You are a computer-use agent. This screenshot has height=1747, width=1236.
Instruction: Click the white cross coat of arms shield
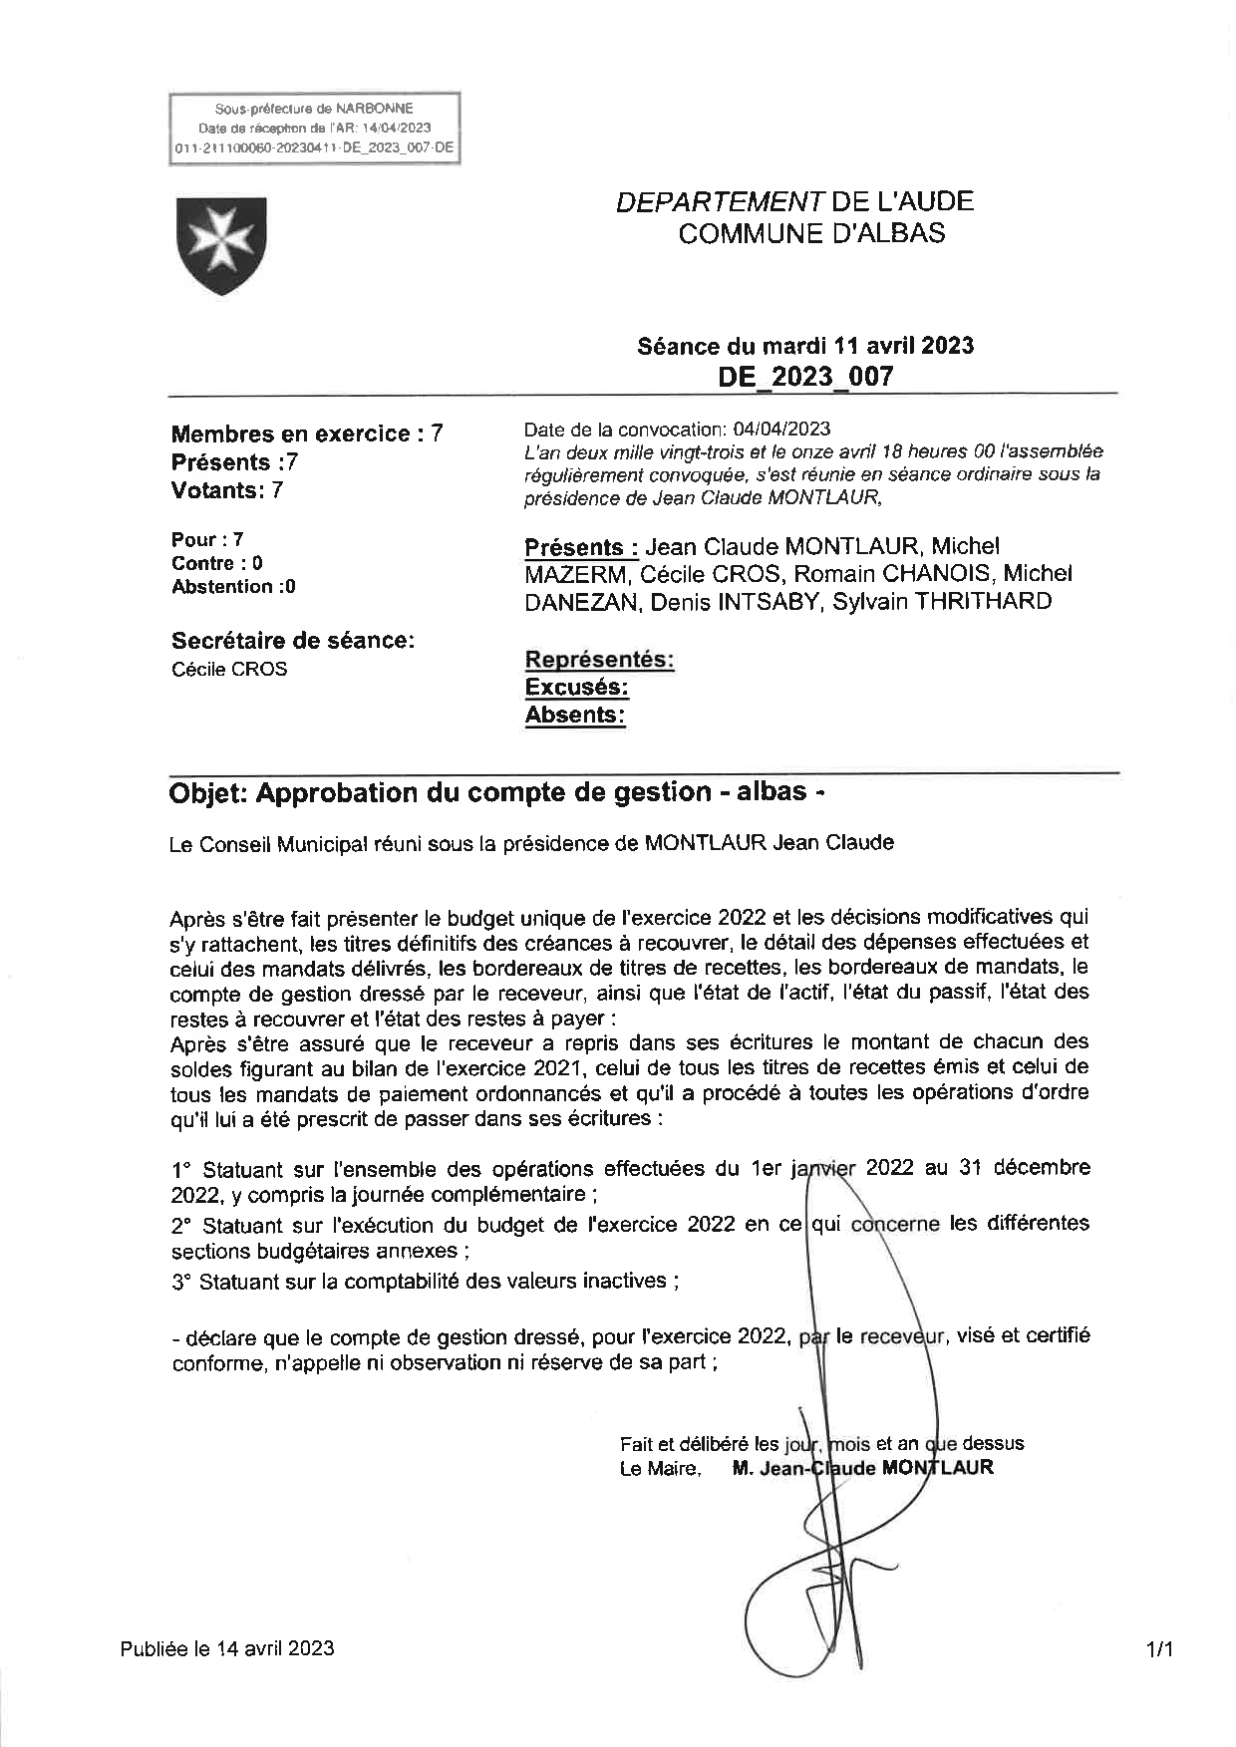point(221,244)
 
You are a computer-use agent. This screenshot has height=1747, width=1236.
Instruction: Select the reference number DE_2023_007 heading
point(805,377)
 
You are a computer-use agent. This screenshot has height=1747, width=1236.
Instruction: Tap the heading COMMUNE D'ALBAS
point(811,234)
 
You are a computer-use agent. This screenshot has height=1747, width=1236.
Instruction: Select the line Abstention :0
point(233,587)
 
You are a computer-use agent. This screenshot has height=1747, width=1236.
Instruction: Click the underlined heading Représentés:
point(599,660)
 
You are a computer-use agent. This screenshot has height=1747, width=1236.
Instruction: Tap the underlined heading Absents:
point(575,716)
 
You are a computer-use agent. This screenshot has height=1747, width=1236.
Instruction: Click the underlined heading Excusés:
point(576,688)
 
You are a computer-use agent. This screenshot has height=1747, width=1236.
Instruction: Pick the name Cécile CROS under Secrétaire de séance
point(229,670)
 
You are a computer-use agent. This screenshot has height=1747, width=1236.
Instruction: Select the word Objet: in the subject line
point(208,793)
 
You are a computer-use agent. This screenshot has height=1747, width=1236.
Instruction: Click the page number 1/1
point(1159,1650)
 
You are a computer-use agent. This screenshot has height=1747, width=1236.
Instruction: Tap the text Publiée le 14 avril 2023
point(227,1648)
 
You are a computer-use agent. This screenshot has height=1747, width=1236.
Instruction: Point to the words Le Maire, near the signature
point(660,1468)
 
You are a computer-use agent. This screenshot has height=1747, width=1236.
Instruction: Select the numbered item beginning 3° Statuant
point(426,1282)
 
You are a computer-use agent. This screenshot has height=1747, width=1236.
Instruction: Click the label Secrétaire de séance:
point(292,641)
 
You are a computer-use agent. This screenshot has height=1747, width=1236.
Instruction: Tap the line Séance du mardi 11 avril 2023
point(805,346)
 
